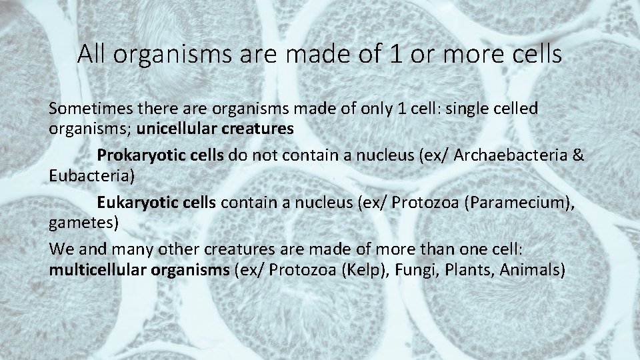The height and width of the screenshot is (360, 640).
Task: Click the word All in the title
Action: click(x=93, y=54)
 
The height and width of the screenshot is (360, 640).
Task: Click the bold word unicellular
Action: click(x=175, y=129)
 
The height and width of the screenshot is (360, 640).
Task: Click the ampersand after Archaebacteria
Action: click(x=579, y=155)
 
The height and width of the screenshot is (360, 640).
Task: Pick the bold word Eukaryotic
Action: click(x=134, y=201)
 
